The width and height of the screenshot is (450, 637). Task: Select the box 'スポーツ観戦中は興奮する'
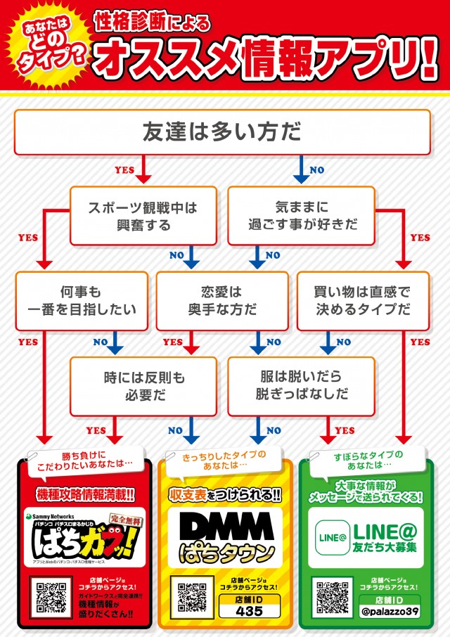coord(143,217)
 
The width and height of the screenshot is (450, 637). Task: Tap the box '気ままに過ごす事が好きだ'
coord(302,217)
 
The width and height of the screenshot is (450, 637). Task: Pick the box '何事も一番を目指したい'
coord(82,300)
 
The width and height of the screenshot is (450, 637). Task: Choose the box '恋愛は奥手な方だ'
coord(221,300)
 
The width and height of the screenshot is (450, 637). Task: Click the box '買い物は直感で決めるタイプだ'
coord(363,300)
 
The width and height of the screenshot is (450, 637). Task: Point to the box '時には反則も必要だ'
coord(143,386)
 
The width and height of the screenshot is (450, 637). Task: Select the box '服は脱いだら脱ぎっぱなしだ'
coord(302,386)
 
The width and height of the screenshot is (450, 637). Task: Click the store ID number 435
coord(250,611)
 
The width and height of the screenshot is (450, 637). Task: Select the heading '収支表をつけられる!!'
coord(225,495)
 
